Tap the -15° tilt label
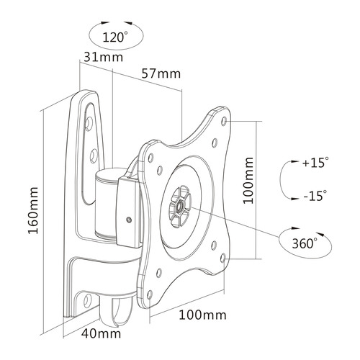click(315, 194)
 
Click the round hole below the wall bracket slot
click(94, 153)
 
